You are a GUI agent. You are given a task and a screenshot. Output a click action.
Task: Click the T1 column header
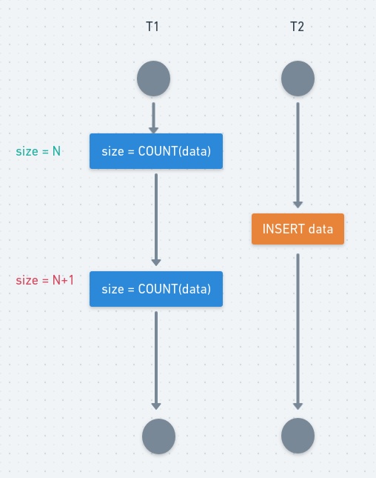tap(152, 27)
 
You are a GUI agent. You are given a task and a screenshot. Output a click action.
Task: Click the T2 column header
tap(297, 27)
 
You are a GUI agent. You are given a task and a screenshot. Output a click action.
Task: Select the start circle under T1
tap(154, 78)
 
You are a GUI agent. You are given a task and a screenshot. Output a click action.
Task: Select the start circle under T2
tap(298, 78)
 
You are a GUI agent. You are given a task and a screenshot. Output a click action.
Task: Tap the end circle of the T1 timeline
tap(158, 436)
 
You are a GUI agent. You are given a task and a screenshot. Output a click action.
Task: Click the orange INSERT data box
tap(298, 229)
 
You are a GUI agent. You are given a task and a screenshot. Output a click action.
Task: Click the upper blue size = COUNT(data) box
tap(156, 151)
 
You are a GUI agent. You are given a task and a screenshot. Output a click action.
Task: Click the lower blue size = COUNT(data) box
tap(156, 288)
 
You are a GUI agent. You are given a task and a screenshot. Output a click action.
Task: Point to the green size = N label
tap(38, 151)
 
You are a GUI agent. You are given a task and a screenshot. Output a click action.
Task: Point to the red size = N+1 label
tap(45, 280)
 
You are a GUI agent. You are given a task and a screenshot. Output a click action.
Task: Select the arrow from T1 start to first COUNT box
tap(154, 117)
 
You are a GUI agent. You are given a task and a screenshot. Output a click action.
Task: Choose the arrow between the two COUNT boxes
tap(156, 219)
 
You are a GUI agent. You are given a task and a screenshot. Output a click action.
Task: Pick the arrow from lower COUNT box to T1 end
tap(156, 359)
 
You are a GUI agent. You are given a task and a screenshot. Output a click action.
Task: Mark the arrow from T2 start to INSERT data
tap(298, 154)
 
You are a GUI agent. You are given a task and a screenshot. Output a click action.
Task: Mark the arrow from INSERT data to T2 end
tap(298, 331)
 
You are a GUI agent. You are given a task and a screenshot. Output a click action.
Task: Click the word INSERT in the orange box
tap(283, 229)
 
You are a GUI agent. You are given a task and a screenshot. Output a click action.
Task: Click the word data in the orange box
tap(320, 229)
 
